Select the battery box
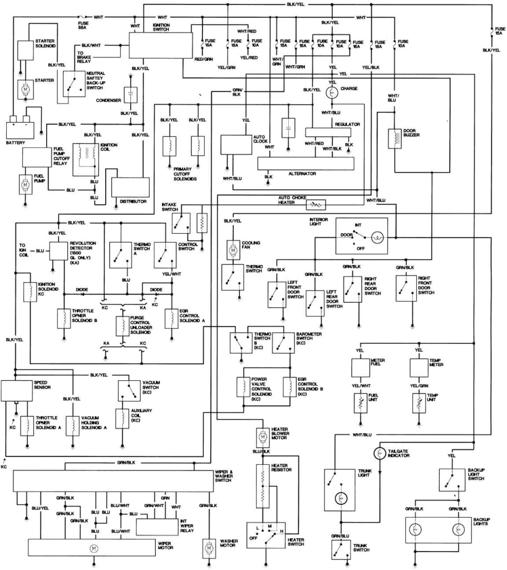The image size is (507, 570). (23, 129)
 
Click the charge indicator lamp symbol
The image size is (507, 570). (332, 93)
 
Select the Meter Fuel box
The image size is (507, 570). (361, 367)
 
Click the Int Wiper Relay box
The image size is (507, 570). (157, 523)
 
